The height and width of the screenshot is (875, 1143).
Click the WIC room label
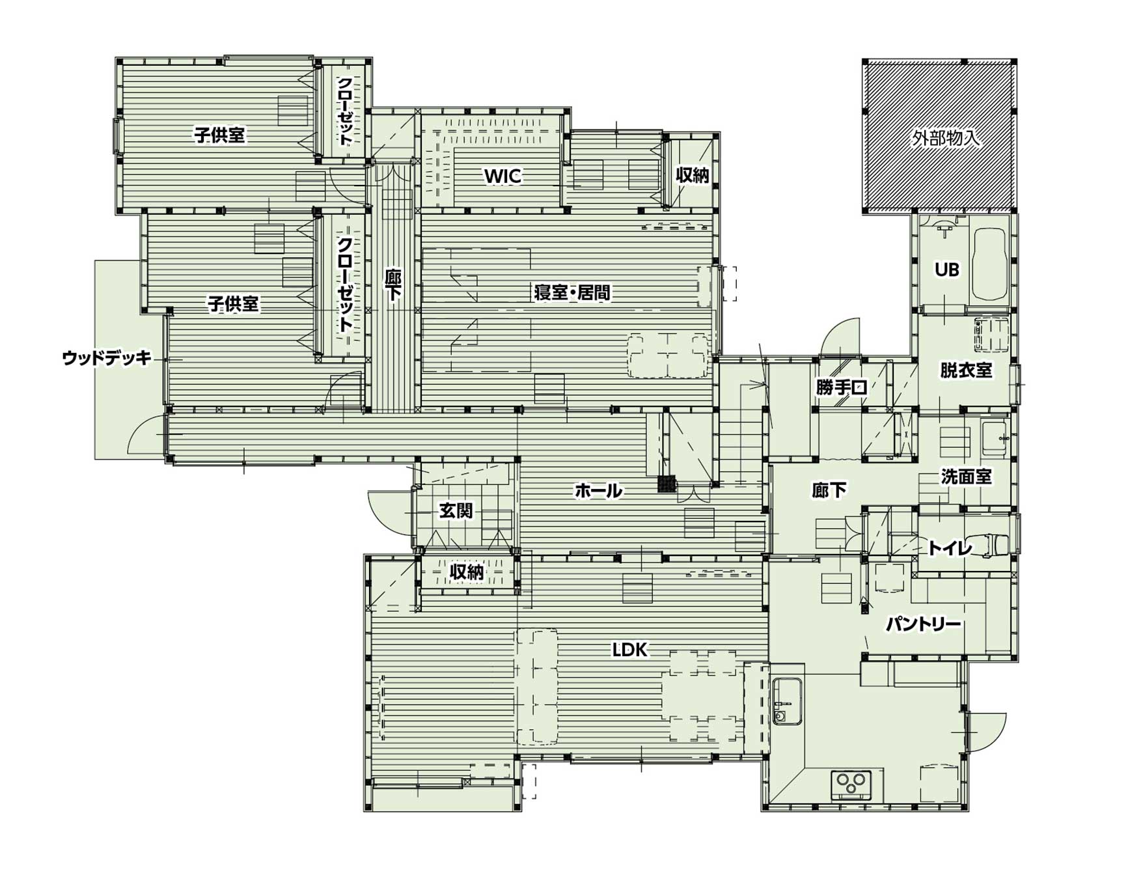503,176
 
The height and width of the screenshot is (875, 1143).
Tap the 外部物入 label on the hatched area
946,138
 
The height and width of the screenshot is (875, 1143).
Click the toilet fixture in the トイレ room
995,544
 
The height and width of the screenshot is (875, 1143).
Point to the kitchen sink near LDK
788,701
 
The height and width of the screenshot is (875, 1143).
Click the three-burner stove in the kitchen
851,783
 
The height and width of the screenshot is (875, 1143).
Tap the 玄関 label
456,510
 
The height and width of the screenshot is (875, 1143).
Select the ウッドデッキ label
107,357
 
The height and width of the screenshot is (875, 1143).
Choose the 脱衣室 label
966,370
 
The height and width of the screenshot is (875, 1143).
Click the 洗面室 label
966,477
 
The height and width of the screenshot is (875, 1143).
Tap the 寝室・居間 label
572,293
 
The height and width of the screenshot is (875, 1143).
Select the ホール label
598,490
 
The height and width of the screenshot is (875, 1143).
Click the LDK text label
629,649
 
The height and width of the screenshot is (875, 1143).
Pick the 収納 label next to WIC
692,174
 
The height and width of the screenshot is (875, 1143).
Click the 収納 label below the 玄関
467,572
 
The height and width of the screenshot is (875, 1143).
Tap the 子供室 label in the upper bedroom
219,135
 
